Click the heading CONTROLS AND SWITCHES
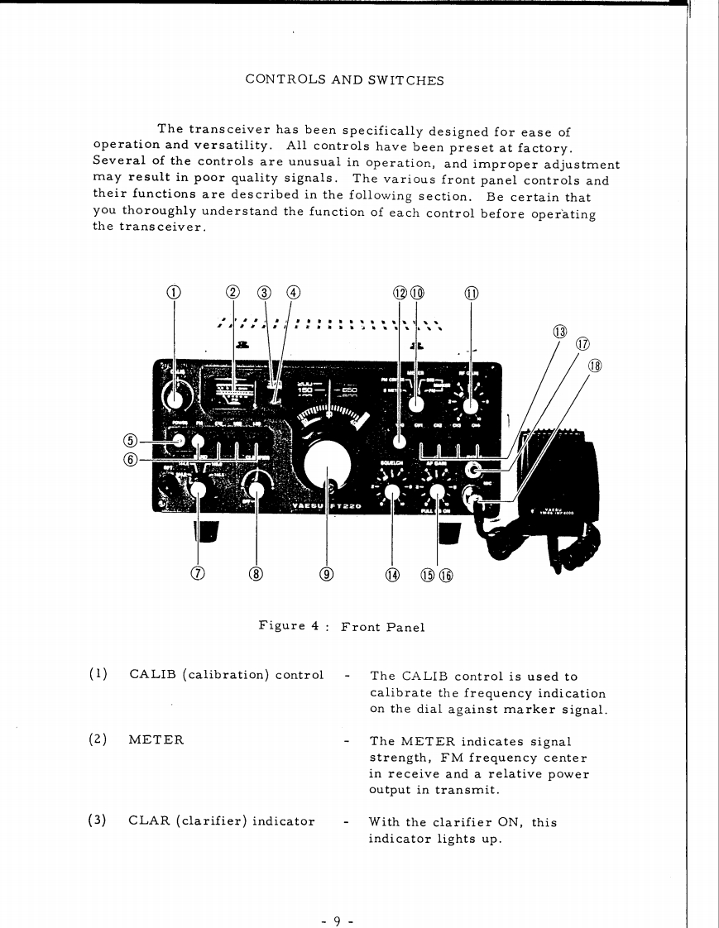(x=344, y=80)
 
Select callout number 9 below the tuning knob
(x=328, y=574)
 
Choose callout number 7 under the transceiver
(x=197, y=574)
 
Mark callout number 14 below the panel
(x=391, y=574)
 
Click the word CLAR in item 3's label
(x=147, y=821)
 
